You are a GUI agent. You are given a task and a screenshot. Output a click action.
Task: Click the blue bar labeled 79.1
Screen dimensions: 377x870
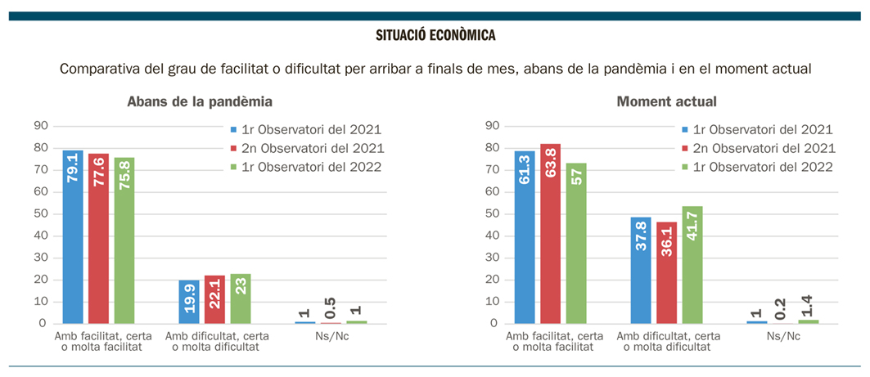click(x=73, y=236)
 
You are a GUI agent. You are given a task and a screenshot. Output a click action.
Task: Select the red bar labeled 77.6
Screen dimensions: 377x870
click(x=98, y=238)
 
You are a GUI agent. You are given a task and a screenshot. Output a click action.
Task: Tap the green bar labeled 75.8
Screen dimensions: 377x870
click(x=124, y=240)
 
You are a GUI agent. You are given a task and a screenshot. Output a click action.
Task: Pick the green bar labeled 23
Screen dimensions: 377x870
click(x=241, y=298)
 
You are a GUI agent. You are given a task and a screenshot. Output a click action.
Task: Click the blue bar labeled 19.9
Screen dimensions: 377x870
click(x=189, y=301)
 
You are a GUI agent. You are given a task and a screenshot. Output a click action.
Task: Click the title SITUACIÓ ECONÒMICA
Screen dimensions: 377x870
click(x=435, y=36)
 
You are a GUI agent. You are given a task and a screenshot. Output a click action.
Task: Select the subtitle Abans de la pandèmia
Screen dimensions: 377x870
click(x=200, y=102)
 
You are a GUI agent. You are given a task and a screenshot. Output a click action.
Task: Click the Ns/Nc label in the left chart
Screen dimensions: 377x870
click(x=331, y=336)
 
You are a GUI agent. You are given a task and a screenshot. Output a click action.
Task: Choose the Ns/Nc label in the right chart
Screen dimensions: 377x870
click(x=782, y=336)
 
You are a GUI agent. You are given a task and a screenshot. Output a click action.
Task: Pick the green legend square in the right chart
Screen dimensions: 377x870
click(x=685, y=167)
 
